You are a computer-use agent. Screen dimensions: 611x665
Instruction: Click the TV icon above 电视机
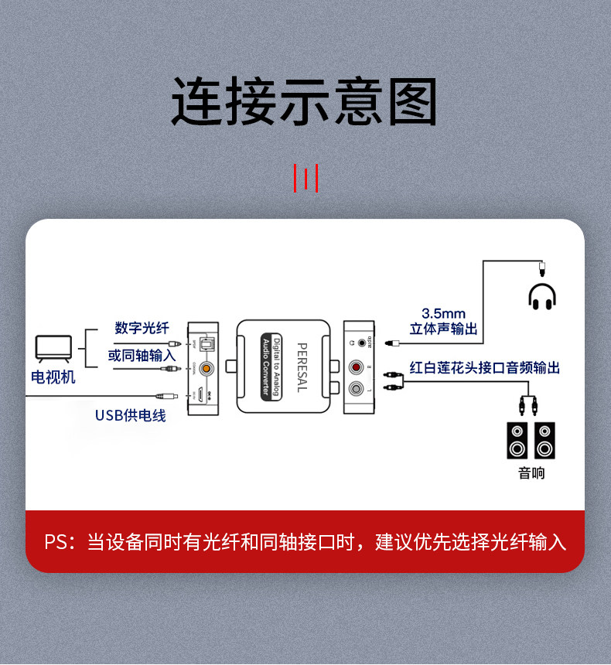[x=53, y=349]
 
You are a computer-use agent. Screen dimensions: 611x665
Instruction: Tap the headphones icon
[x=542, y=296]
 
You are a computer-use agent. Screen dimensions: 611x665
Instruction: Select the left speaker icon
[x=517, y=441]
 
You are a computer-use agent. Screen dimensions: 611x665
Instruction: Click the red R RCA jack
[x=357, y=367]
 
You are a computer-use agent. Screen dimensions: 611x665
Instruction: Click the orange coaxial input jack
[x=205, y=369]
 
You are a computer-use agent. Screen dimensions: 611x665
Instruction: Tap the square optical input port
[x=205, y=343]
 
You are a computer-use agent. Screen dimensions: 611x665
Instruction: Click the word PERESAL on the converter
[x=302, y=367]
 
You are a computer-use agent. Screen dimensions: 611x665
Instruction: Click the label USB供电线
[x=130, y=415]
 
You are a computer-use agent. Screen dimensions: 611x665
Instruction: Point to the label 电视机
[x=53, y=377]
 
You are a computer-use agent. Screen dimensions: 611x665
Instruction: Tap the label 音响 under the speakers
[x=531, y=472]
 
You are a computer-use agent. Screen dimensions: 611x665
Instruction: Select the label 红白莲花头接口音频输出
[x=485, y=367]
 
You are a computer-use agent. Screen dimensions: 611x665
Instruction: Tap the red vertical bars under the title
[x=306, y=177]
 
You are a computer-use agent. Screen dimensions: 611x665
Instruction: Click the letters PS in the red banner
[x=56, y=541]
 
